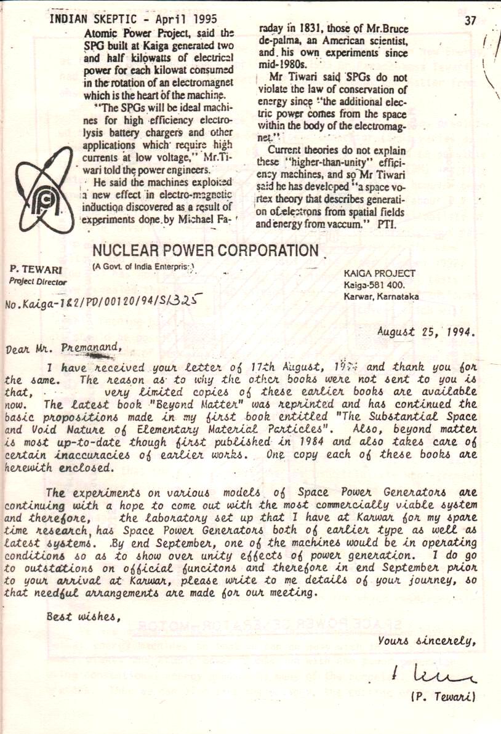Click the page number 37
[470, 20]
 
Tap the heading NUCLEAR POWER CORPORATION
[205, 251]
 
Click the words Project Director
[38, 282]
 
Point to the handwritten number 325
[188, 300]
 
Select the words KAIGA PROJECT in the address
[380, 273]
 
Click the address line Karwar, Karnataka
[382, 296]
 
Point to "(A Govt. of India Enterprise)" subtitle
[143, 266]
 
